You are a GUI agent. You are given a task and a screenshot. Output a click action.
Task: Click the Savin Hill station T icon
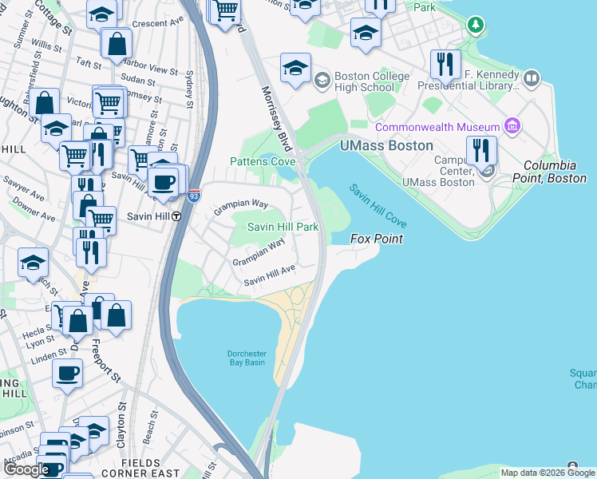coord(176,216)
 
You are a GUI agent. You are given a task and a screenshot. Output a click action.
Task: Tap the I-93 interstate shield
coord(194,194)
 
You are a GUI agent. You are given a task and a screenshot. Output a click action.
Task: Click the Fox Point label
coord(377,239)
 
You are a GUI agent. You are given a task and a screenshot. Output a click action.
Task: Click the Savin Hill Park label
coord(283,228)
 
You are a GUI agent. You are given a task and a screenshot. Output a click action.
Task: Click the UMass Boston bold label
coord(386,145)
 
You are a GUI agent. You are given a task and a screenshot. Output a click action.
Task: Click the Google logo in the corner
coord(26,469)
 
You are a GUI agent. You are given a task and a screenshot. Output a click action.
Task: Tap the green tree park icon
coord(476,26)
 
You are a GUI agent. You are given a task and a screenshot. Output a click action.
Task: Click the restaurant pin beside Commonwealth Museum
coord(480,149)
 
